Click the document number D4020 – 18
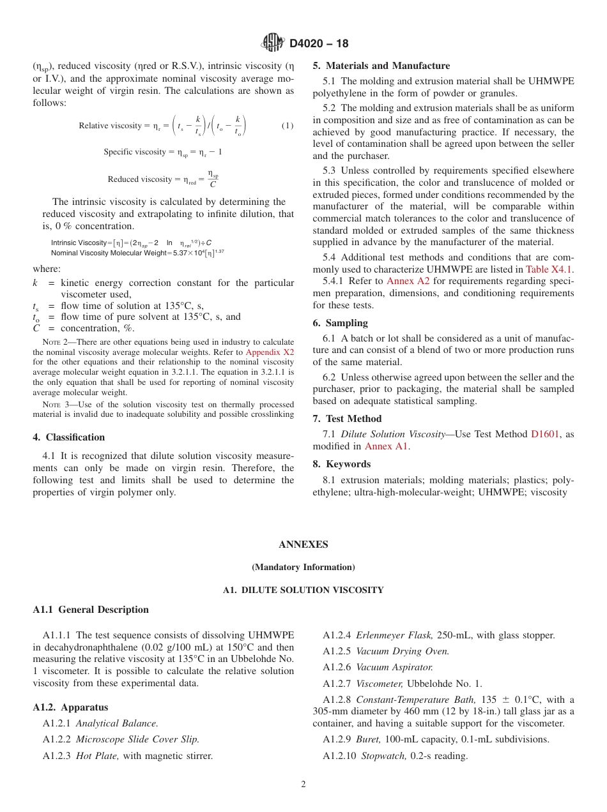(319, 43)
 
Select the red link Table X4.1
(549, 269)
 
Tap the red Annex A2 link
(408, 281)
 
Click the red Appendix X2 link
(270, 352)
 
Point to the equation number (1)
(288, 126)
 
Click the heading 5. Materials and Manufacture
(381, 66)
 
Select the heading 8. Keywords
(341, 464)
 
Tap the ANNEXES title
(303, 545)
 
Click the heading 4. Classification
(68, 437)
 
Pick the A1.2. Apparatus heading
(70, 707)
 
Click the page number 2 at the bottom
(303, 785)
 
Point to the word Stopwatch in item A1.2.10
(383, 756)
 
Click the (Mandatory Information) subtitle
(303, 567)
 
